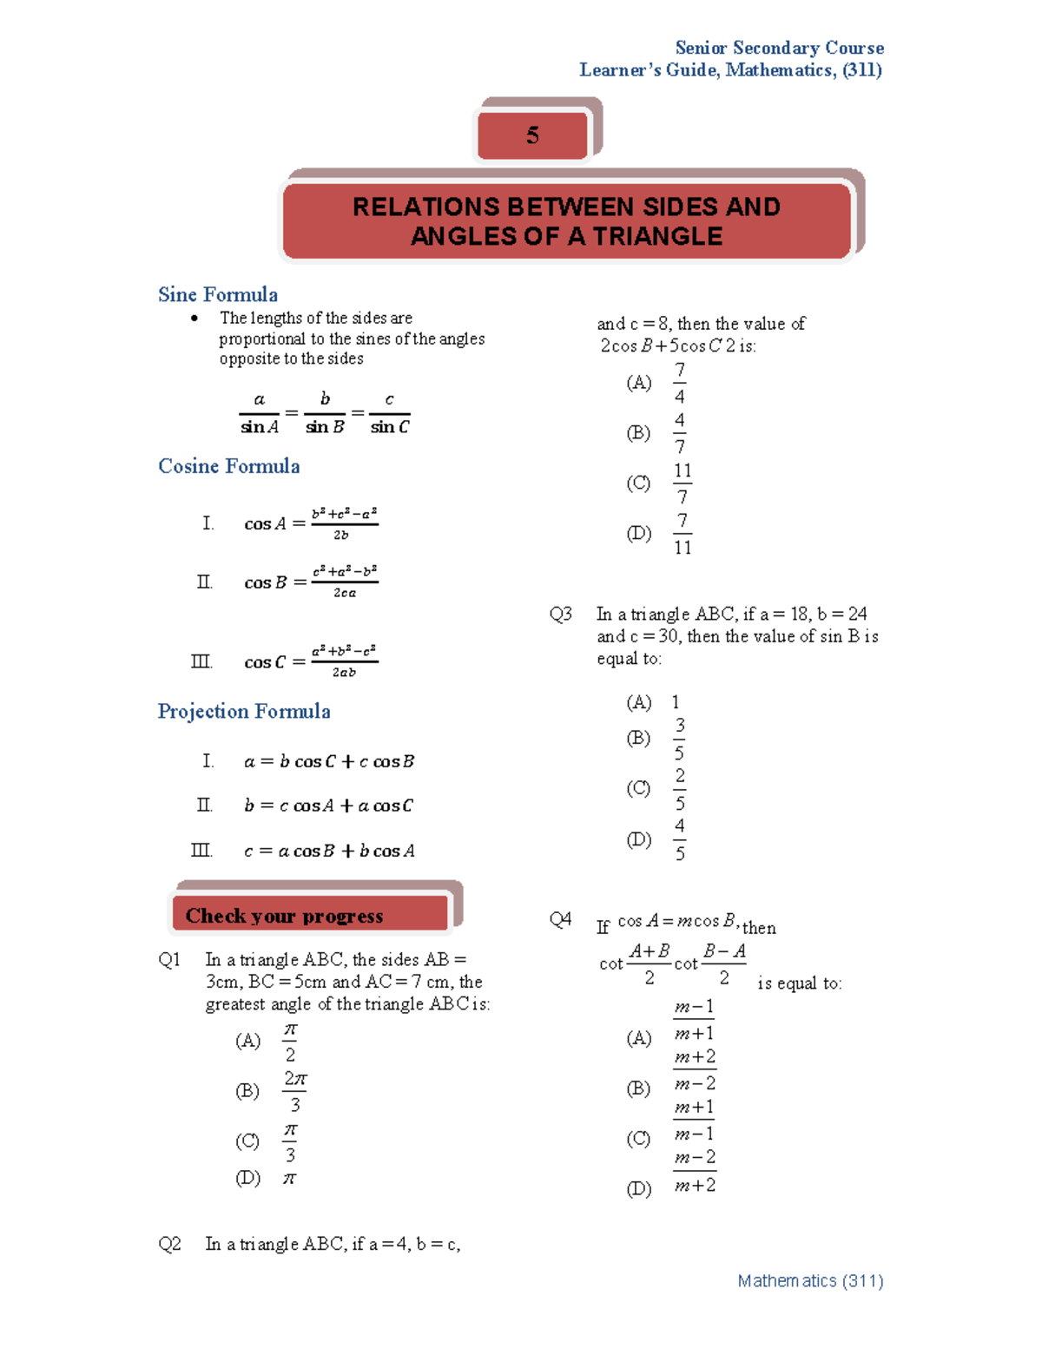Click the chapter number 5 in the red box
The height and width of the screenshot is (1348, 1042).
tap(532, 135)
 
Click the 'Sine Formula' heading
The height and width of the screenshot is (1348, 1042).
tap(218, 295)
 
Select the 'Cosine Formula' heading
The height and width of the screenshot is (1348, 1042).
tap(229, 466)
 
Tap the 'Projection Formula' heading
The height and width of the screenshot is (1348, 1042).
tap(244, 712)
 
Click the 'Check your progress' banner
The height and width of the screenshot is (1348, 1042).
tap(284, 917)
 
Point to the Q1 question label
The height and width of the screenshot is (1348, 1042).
tap(169, 960)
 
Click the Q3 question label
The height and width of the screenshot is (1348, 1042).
tap(560, 615)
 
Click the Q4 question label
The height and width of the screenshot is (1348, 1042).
tap(560, 919)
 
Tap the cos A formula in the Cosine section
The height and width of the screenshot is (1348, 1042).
tap(311, 523)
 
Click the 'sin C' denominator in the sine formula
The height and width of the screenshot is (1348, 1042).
tap(390, 427)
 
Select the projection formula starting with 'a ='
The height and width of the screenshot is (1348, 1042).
tap(329, 762)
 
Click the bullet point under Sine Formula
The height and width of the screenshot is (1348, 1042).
tap(195, 319)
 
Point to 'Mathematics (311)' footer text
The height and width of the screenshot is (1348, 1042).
tap(809, 1281)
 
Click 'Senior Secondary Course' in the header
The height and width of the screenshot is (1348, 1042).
tap(779, 49)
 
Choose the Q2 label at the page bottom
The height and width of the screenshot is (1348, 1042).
tap(169, 1245)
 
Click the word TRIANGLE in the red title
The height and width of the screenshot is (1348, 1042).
tap(657, 236)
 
